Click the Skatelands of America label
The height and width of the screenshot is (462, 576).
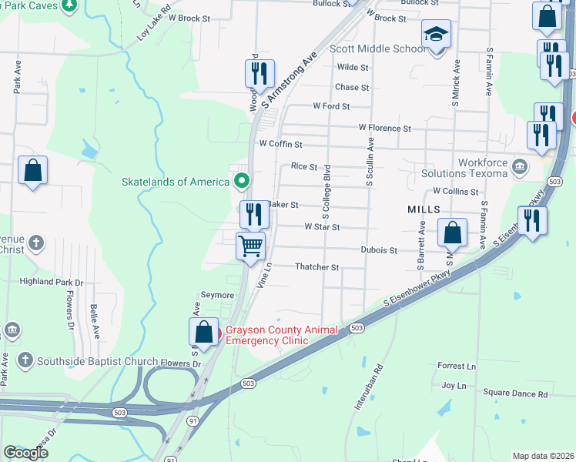pyautogui.click(x=176, y=182)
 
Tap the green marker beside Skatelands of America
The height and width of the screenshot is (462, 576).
pyautogui.click(x=242, y=182)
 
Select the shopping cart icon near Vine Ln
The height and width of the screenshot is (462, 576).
pyautogui.click(x=250, y=247)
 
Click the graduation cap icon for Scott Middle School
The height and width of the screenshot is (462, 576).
pyautogui.click(x=436, y=35)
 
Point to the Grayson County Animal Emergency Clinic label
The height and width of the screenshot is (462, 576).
pyautogui.click(x=281, y=336)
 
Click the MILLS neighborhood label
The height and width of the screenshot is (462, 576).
pyautogui.click(x=424, y=209)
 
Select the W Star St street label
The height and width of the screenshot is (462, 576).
pyautogui.click(x=322, y=227)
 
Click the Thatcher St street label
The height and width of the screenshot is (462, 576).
pyautogui.click(x=317, y=267)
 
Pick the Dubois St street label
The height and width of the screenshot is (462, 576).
pyautogui.click(x=379, y=250)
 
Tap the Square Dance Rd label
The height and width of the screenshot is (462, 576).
pyautogui.click(x=515, y=393)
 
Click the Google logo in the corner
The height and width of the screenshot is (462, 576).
pyautogui.click(x=25, y=453)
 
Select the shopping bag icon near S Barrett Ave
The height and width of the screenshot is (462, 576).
pyautogui.click(x=453, y=233)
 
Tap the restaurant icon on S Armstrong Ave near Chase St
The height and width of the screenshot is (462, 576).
pyautogui.click(x=260, y=73)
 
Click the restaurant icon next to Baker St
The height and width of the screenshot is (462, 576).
pyautogui.click(x=253, y=213)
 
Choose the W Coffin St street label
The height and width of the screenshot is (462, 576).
pyautogui.click(x=280, y=144)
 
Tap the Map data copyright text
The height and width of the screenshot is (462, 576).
pyautogui.click(x=543, y=456)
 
